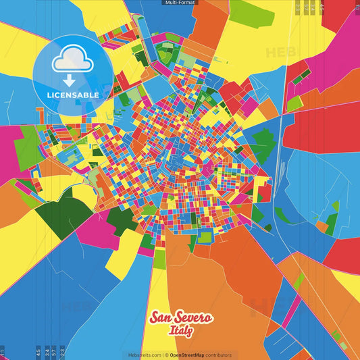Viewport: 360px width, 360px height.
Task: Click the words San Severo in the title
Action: tap(180, 318)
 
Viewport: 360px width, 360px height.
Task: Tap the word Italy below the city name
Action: tap(180, 331)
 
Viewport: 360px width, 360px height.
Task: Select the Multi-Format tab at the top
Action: tap(180, 3)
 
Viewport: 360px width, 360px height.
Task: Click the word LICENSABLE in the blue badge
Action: tap(72, 94)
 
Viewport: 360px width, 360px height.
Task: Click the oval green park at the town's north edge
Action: tap(165, 53)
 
